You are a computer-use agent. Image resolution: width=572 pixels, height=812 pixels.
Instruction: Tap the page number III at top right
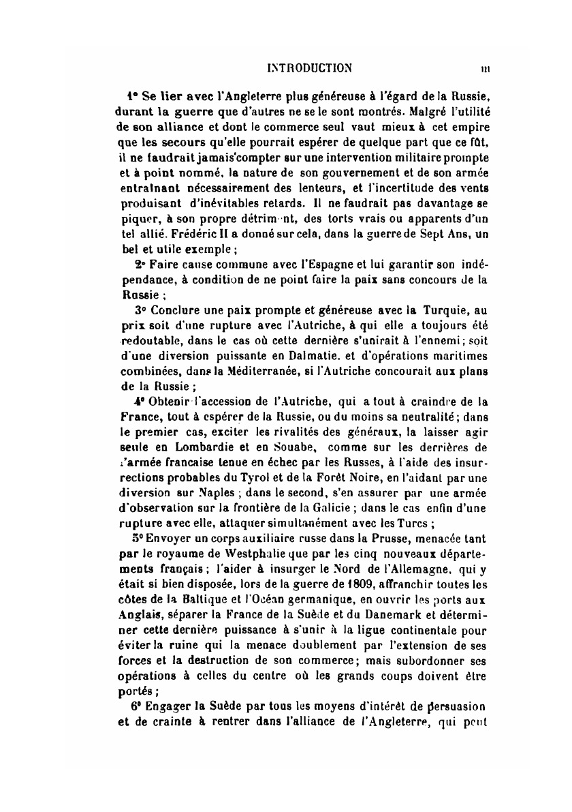point(486,68)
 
